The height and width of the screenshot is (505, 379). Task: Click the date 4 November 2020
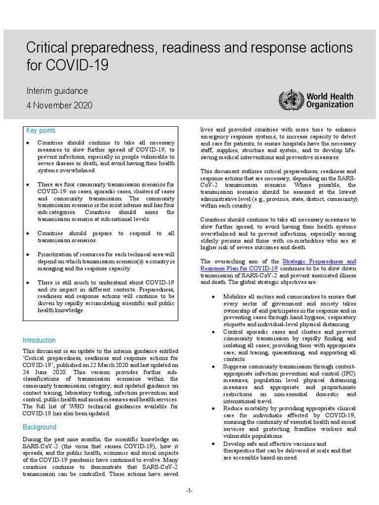tap(59, 106)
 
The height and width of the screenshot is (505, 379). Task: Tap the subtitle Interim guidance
tap(57, 91)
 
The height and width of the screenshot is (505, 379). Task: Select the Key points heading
tap(40, 131)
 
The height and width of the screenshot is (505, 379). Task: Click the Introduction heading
tap(39, 340)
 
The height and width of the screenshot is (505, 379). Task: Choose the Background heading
tap(39, 427)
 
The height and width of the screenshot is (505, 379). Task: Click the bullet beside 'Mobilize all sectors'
tap(213, 297)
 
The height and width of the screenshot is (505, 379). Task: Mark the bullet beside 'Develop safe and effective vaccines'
tap(213, 444)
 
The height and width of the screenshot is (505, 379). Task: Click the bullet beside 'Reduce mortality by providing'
tap(213, 409)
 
